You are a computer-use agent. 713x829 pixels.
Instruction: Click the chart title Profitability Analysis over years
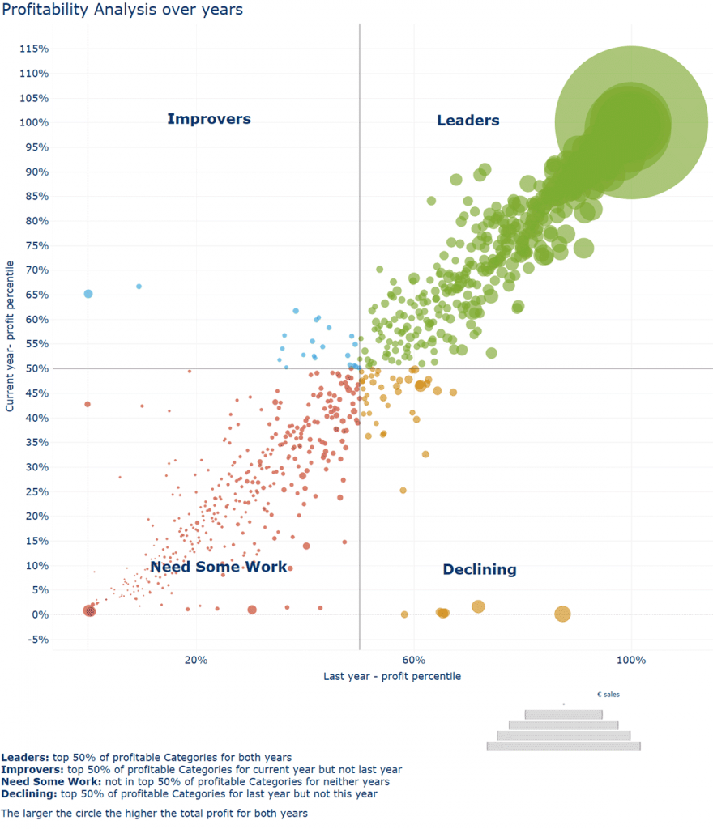pyautogui.click(x=122, y=10)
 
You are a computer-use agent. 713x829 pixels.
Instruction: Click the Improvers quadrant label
pyautogui.click(x=209, y=119)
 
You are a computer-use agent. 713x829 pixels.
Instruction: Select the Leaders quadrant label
pyautogui.click(x=468, y=121)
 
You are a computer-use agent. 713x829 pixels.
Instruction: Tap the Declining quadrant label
pyautogui.click(x=480, y=569)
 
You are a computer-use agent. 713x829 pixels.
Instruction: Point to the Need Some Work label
pyautogui.click(x=219, y=567)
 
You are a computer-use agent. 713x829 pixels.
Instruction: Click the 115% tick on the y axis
pyautogui.click(x=34, y=49)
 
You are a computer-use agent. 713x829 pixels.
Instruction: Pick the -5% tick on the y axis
pyautogui.click(x=37, y=640)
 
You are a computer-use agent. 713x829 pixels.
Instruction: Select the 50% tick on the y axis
pyautogui.click(x=37, y=368)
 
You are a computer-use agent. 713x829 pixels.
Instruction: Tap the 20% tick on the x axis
pyautogui.click(x=196, y=660)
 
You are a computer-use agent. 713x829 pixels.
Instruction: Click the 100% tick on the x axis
pyautogui.click(x=631, y=660)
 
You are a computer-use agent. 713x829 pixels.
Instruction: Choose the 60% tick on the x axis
pyautogui.click(x=414, y=660)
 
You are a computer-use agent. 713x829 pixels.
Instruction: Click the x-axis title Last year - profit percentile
pyautogui.click(x=392, y=676)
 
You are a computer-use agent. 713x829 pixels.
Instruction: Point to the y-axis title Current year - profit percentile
pyautogui.click(x=10, y=336)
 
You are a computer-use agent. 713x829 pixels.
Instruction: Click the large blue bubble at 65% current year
pyautogui.click(x=88, y=294)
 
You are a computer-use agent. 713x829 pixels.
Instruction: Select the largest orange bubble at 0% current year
pyautogui.click(x=562, y=614)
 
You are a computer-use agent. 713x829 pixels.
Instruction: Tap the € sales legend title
pyautogui.click(x=608, y=695)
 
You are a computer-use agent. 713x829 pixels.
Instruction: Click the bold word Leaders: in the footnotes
pyautogui.click(x=25, y=758)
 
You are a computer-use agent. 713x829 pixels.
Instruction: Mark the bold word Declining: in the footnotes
pyautogui.click(x=29, y=794)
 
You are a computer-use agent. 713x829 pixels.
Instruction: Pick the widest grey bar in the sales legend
pyautogui.click(x=563, y=746)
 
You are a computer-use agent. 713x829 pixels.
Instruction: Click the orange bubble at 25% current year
pyautogui.click(x=403, y=491)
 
